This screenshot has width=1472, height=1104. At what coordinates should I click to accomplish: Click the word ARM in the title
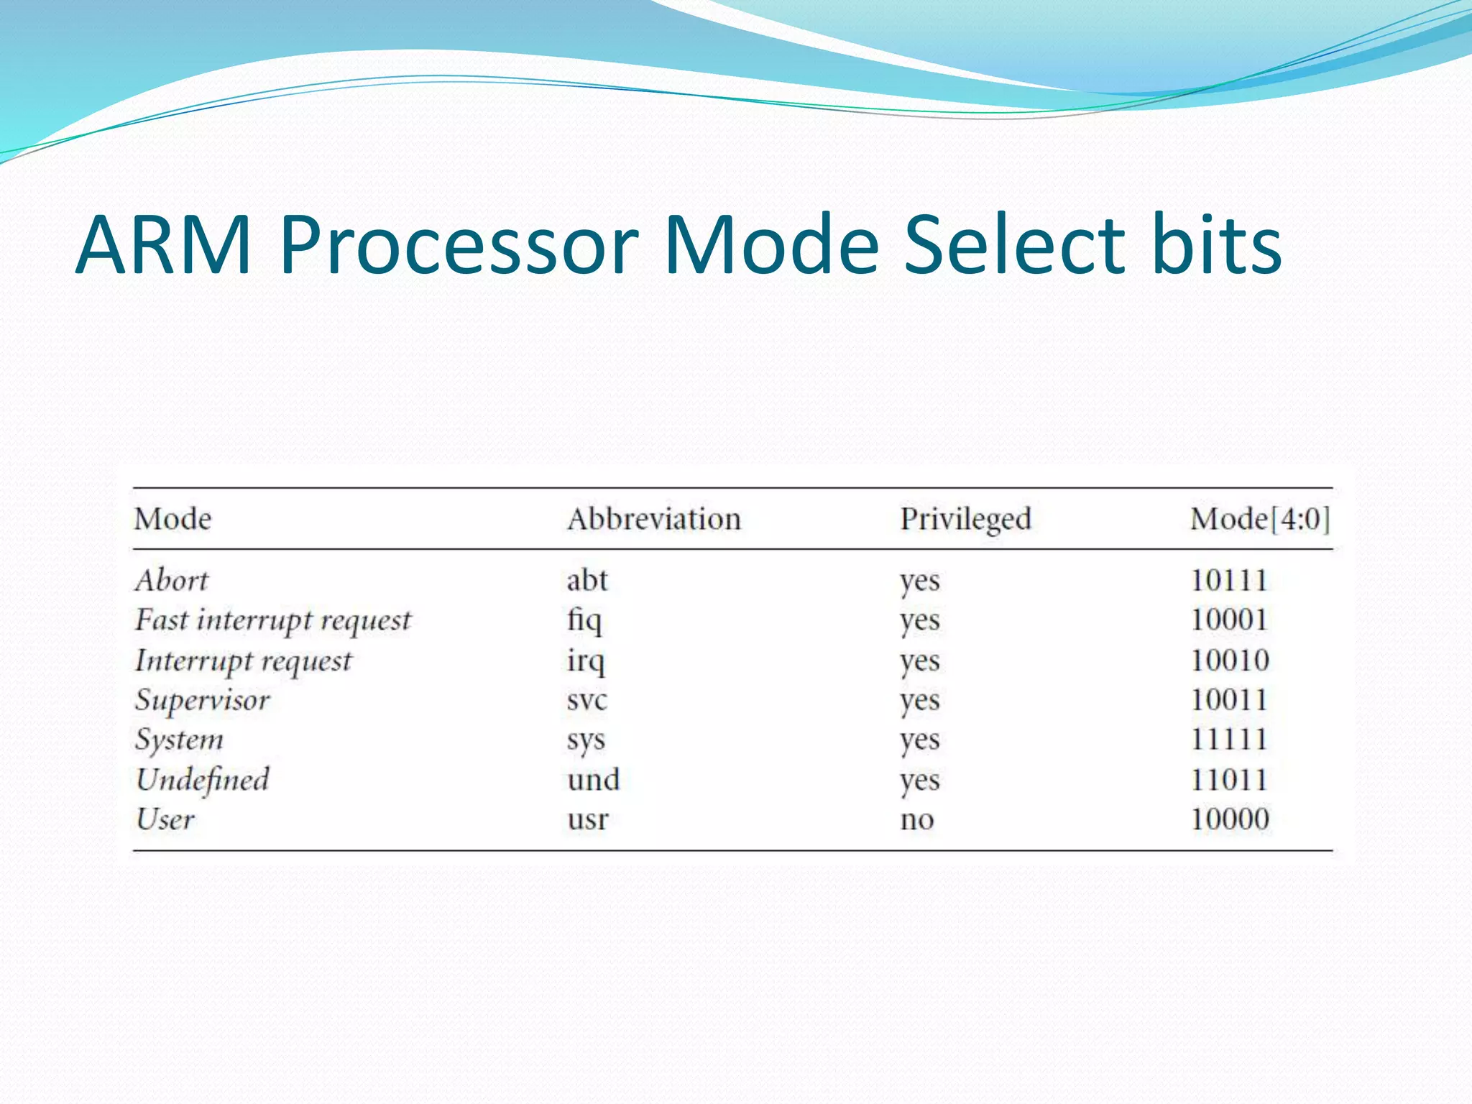pos(163,245)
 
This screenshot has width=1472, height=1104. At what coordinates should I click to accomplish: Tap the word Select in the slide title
pos(1014,245)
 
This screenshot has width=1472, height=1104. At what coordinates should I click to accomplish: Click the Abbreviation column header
pos(653,519)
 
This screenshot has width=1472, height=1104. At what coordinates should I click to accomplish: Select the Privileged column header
pos(965,519)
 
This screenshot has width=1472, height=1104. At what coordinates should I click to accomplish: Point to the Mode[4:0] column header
pos(1259,519)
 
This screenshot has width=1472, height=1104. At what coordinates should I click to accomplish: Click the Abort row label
pos(171,580)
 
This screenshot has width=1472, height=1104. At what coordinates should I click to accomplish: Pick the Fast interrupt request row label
pos(272,620)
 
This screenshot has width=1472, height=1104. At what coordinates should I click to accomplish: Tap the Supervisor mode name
pos(202,700)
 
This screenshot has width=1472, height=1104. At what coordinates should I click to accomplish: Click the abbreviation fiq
pos(584,620)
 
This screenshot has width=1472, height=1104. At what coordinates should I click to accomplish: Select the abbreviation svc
pos(586,700)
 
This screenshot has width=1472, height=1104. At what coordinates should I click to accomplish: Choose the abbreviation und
pos(593,780)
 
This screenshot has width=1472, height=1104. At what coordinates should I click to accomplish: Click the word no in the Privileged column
pos(916,819)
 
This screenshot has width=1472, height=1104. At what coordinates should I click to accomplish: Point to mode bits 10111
pos(1228,580)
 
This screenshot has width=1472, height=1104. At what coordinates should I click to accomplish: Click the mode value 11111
pos(1228,740)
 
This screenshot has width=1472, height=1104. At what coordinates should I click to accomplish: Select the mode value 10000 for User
pos(1230,819)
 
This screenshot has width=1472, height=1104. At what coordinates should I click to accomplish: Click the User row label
pos(165,819)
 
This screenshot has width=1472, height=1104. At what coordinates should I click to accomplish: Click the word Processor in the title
pos(459,245)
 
